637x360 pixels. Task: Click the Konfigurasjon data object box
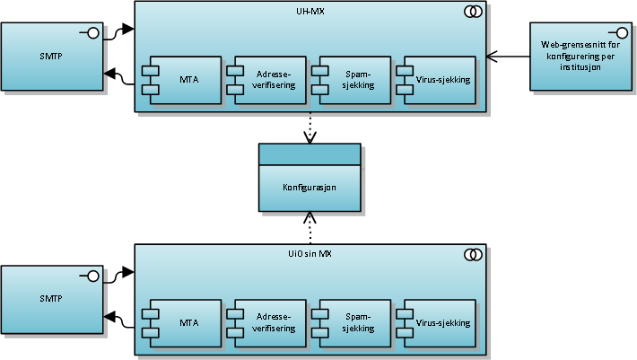pyautogui.click(x=310, y=178)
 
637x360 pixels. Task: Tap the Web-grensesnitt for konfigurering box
pyautogui.click(x=581, y=57)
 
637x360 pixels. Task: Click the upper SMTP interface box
pyautogui.click(x=52, y=57)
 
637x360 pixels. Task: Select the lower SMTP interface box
pyautogui.click(x=52, y=300)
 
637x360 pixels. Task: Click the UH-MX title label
pyautogui.click(x=310, y=12)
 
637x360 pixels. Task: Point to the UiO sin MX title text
pyautogui.click(x=310, y=254)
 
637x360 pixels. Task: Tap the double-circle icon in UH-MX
pyautogui.click(x=473, y=12)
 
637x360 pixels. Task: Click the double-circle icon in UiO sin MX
pyautogui.click(x=473, y=255)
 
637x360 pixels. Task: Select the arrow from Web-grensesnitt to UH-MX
pyautogui.click(x=508, y=57)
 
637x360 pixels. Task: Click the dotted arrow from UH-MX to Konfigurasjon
pyautogui.click(x=310, y=127)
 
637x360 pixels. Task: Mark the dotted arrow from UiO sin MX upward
pyautogui.click(x=310, y=228)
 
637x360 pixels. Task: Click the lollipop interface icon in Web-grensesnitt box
pyautogui.click(x=618, y=33)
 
